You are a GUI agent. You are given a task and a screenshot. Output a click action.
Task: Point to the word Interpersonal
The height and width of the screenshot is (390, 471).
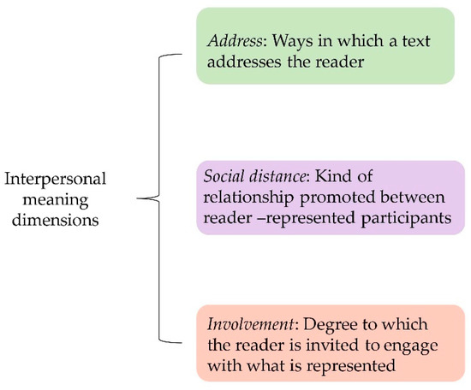(x=55, y=180)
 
